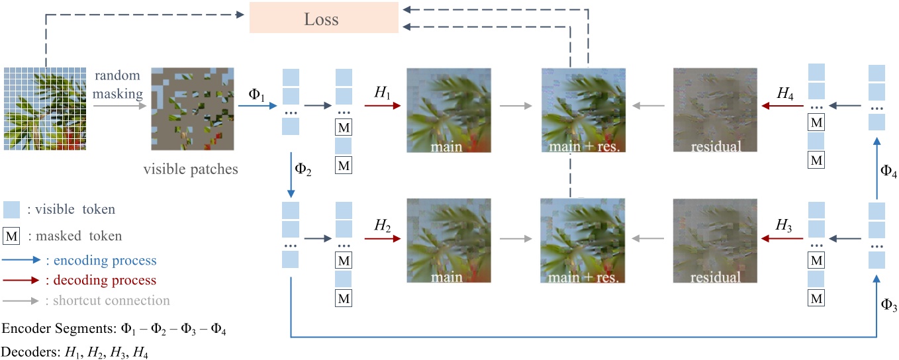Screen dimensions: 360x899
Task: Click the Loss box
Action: click(x=323, y=19)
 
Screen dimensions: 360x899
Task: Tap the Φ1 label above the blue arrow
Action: click(x=256, y=95)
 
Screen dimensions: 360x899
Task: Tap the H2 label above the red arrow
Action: click(x=383, y=224)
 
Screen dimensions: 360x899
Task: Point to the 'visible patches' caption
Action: click(x=191, y=169)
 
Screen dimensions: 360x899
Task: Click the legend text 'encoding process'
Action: click(x=101, y=260)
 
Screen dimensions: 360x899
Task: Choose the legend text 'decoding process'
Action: click(x=101, y=280)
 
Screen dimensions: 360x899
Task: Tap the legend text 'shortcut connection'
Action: click(x=107, y=300)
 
